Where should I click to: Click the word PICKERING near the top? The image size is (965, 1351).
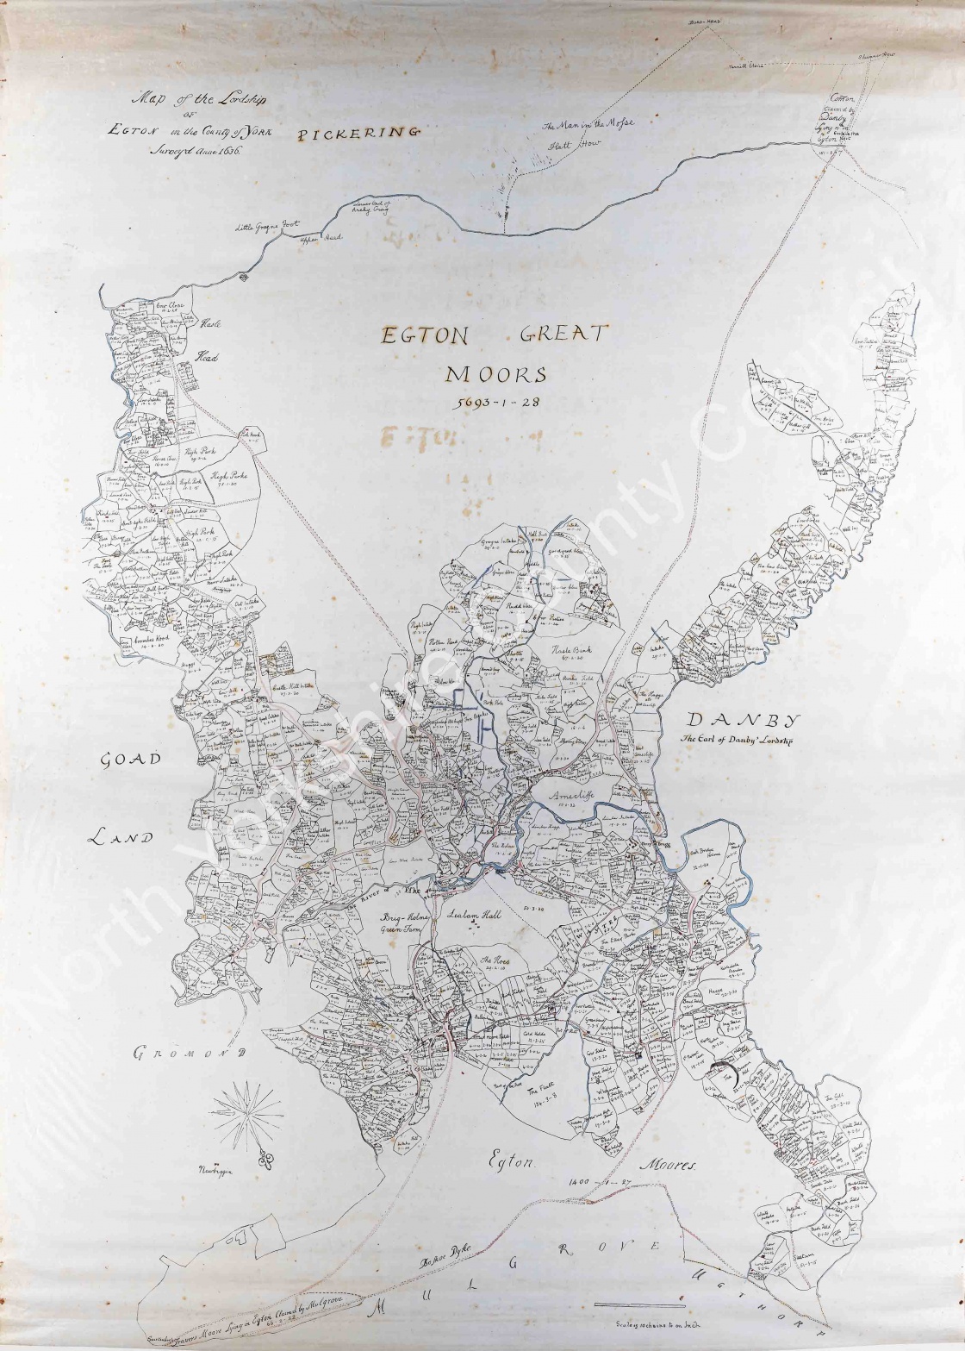358,133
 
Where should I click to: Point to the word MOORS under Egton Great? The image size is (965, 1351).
495,374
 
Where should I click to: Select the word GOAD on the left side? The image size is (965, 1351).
131,760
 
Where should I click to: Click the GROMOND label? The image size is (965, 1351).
190,1053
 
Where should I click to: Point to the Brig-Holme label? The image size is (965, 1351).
405,919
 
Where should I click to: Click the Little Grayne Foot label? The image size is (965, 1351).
267,228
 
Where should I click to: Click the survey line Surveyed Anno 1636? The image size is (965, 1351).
196,149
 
